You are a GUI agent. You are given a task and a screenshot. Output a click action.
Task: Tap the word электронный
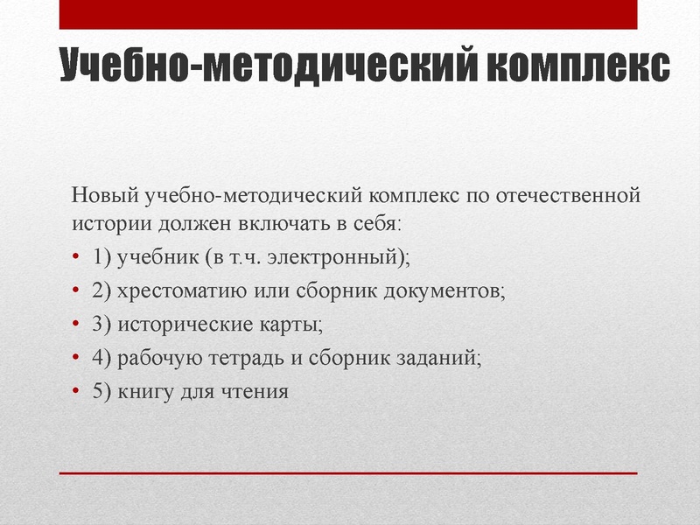[x=342, y=258]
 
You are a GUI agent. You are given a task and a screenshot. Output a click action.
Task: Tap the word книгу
[x=144, y=391]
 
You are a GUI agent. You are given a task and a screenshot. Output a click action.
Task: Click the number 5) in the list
[x=101, y=391]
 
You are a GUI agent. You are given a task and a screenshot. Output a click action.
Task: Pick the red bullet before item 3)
[x=75, y=325]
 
